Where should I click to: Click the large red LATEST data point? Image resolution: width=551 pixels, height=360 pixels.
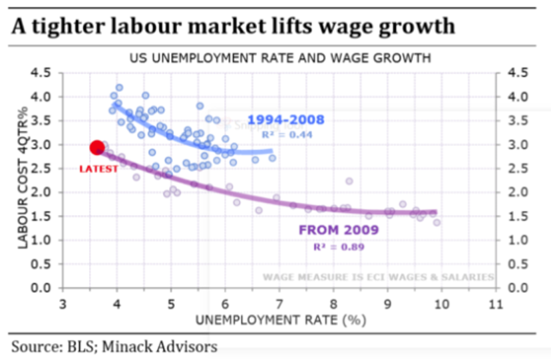[96, 148]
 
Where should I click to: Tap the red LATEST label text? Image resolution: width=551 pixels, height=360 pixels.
[98, 169]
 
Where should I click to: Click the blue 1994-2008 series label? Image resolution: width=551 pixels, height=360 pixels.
[285, 120]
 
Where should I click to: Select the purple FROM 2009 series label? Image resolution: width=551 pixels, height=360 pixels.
[339, 230]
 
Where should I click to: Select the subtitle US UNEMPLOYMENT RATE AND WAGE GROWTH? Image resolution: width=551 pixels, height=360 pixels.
[279, 58]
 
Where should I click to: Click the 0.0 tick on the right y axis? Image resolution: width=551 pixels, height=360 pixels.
[518, 288]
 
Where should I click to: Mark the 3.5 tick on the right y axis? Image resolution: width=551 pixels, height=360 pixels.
[518, 120]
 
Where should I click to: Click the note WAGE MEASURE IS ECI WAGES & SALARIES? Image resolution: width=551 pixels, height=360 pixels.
[378, 277]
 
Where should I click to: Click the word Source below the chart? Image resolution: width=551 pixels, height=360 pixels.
[33, 347]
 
